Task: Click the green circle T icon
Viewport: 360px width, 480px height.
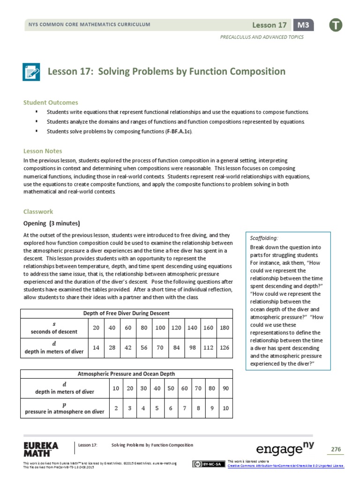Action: (335, 25)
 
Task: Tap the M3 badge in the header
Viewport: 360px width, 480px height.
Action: (303, 25)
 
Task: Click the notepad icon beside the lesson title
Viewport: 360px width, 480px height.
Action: (31, 72)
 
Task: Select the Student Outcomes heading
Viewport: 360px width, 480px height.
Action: (51, 102)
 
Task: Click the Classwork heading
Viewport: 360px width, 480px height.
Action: (38, 211)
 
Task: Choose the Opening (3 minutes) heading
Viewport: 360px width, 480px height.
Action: (52, 223)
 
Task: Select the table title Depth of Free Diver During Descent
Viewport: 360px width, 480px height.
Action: (127, 313)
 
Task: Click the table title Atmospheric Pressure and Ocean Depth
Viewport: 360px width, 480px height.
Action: (127, 374)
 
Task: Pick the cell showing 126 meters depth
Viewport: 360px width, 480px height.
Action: (225, 347)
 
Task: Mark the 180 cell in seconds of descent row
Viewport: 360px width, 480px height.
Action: (225, 328)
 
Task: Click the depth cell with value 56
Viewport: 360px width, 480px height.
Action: (144, 347)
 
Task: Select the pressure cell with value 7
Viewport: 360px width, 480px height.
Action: (185, 408)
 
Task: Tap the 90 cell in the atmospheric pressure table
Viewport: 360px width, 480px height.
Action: (225, 389)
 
